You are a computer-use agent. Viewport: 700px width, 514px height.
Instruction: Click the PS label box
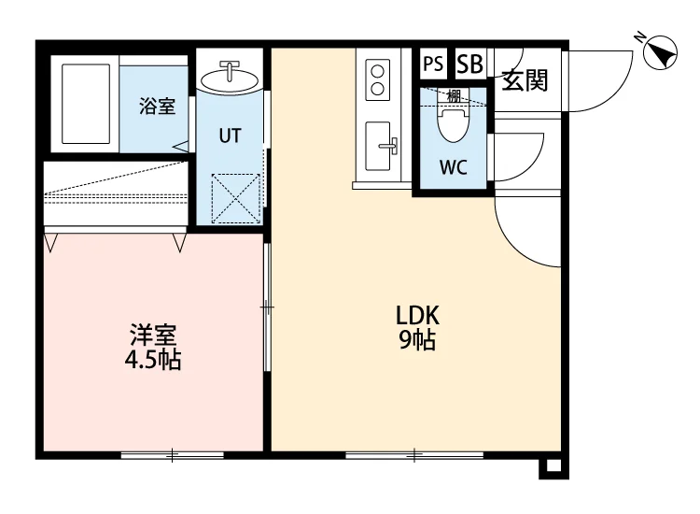pos(433,64)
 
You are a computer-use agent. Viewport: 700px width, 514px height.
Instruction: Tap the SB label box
pos(469,64)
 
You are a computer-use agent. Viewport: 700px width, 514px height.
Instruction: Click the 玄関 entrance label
pos(525,81)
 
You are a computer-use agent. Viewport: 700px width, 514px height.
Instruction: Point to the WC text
pos(453,167)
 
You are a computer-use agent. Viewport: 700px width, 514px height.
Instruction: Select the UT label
pos(230,136)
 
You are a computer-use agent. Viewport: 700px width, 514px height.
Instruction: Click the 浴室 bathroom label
pos(157,106)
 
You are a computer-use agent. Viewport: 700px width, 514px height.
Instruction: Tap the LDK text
pos(417,316)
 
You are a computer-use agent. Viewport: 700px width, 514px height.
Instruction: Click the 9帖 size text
pos(417,340)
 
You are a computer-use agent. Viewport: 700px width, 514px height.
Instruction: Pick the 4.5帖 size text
pos(153,360)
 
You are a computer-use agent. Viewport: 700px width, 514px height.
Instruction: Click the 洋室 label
pos(153,335)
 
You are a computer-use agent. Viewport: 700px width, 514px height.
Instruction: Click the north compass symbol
pos(659,51)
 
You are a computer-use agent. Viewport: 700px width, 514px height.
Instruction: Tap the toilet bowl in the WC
pos(453,122)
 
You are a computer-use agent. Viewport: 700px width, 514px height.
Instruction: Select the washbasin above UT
pos(230,79)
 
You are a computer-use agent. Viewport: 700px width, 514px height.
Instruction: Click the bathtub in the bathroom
pos(86,104)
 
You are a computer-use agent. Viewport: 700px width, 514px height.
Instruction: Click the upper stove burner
pos(378,72)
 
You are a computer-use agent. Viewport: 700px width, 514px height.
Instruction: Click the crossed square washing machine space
pos(236,198)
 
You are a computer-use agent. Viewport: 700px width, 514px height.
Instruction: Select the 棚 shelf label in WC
pos(454,95)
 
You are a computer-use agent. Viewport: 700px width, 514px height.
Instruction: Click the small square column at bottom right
pos(553,466)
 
